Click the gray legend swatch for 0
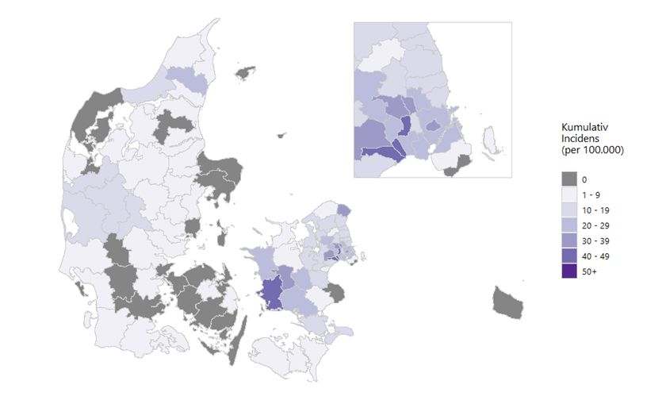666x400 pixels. point(569,179)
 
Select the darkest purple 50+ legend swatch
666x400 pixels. point(569,271)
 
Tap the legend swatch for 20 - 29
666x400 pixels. point(569,225)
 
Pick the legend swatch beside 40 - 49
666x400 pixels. point(569,256)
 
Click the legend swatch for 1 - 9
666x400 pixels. point(569,194)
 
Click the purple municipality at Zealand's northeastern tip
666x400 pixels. point(343,209)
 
